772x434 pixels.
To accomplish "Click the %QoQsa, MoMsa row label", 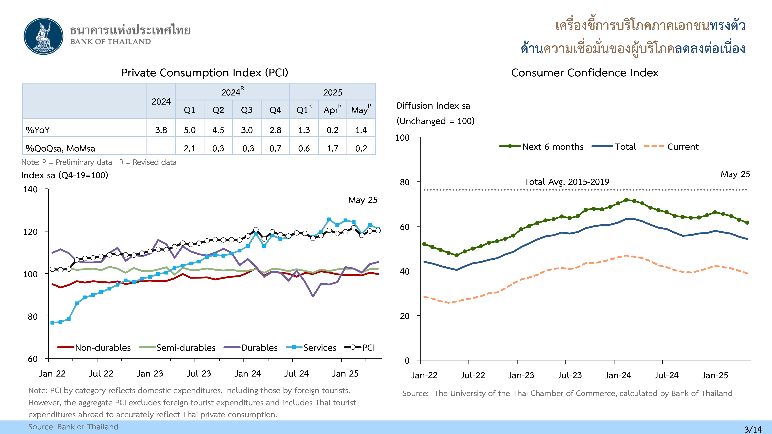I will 60,148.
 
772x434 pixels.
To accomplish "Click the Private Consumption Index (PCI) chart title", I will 205,73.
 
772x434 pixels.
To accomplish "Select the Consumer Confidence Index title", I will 585,73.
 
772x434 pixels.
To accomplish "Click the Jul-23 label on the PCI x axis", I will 199,373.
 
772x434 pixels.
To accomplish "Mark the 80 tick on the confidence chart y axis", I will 405,182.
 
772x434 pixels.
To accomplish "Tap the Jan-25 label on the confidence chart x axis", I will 715,375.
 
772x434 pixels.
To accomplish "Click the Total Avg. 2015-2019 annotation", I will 566,182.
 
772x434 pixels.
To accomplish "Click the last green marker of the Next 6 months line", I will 747,223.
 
